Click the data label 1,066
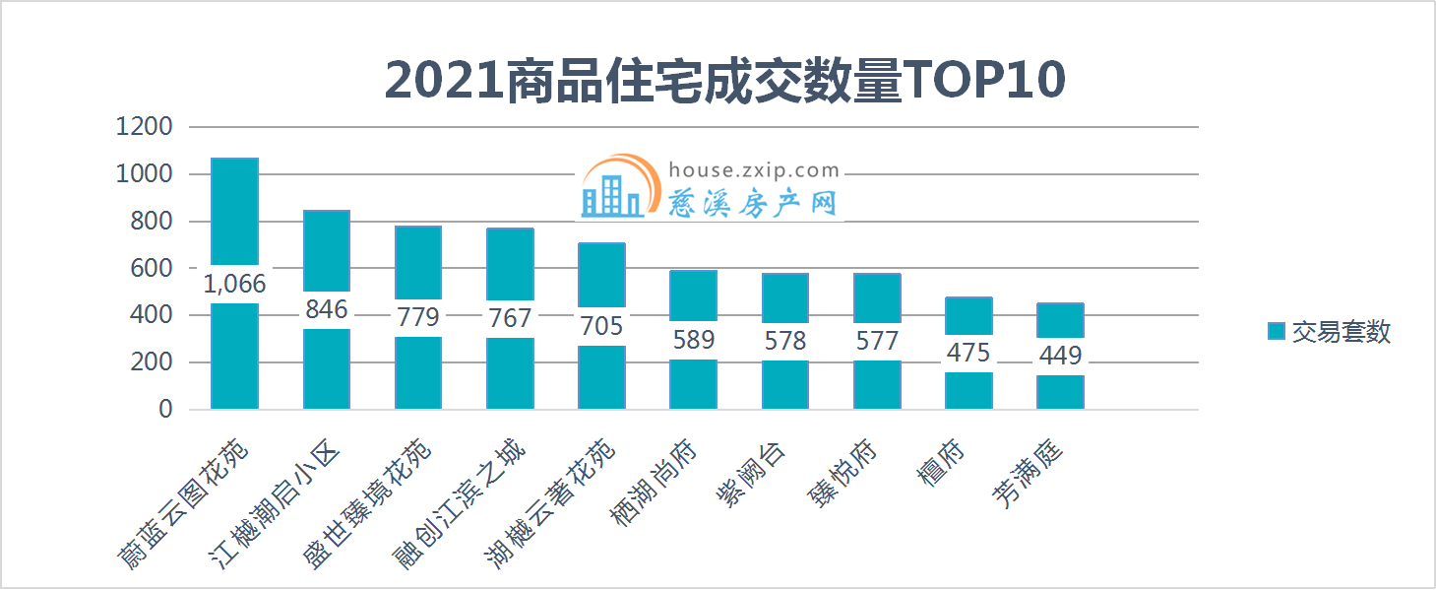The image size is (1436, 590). pos(235,284)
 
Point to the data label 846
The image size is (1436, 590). pos(327,309)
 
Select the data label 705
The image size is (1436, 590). pos(601,326)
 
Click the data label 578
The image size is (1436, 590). pos(785,341)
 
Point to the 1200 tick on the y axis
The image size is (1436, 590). pos(144,127)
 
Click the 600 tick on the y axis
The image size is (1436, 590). pos(152,268)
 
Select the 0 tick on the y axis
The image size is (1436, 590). pos(165,409)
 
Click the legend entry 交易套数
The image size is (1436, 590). pos(1330,332)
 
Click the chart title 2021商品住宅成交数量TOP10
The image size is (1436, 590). pos(724,81)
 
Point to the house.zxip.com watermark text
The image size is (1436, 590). pos(754,169)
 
